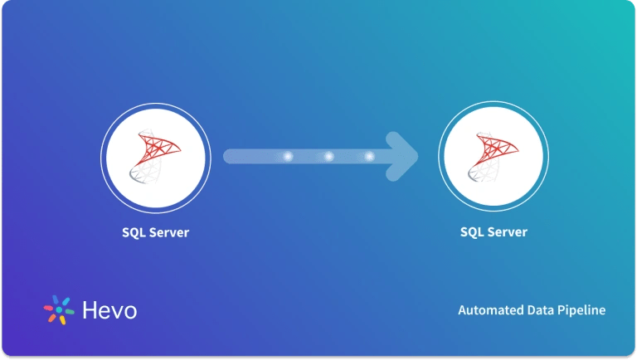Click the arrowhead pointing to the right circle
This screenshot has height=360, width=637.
tap(405, 156)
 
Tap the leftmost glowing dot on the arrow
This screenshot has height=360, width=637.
tap(288, 156)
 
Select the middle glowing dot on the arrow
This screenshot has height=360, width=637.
tap(328, 156)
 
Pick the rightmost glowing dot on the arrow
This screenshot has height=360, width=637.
tap(369, 156)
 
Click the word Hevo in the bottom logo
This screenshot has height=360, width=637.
tap(109, 310)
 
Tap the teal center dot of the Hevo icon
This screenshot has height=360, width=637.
tap(59, 309)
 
